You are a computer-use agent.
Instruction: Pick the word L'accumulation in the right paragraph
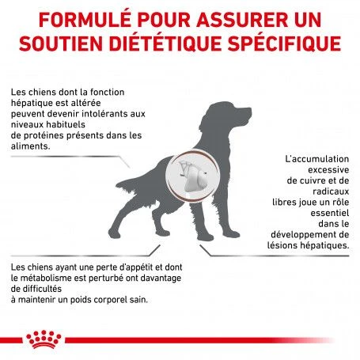point(308,159)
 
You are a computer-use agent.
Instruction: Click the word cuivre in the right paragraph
point(324,180)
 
